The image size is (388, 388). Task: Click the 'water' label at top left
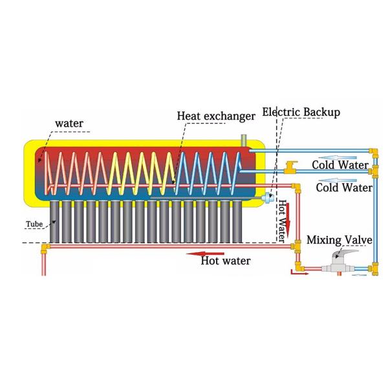tap(69, 122)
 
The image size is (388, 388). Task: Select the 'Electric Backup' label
tap(301, 113)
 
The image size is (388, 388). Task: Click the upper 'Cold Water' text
tap(339, 164)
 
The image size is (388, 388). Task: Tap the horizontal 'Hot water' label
tap(225, 261)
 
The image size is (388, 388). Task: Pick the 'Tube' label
tap(34, 225)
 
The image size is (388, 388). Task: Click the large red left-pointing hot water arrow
tap(209, 253)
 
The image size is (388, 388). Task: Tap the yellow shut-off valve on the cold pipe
tap(290, 168)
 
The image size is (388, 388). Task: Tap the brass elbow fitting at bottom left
tap(44, 248)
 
